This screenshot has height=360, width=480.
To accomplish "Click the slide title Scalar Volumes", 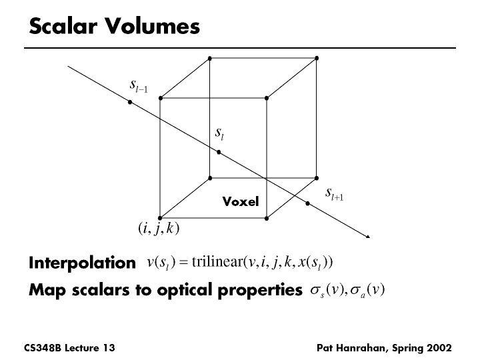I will tap(114, 27).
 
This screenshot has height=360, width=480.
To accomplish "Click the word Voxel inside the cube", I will tap(240, 201).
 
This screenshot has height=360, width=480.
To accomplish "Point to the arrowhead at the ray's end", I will tap(367, 235).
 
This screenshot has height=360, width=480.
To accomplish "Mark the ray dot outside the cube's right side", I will tap(307, 203).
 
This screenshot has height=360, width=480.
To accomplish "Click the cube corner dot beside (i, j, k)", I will tap(160, 218).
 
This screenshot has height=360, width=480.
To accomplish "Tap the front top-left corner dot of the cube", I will tap(160, 98).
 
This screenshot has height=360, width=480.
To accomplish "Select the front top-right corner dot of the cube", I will tap(267, 98).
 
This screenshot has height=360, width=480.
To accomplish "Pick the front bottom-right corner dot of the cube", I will tap(267, 218).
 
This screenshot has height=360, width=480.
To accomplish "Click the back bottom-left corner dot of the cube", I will tap(210, 178).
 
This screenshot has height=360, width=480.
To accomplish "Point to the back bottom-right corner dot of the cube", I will tap(317, 178).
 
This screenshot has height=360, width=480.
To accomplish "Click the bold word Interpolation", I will tap(82, 263).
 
